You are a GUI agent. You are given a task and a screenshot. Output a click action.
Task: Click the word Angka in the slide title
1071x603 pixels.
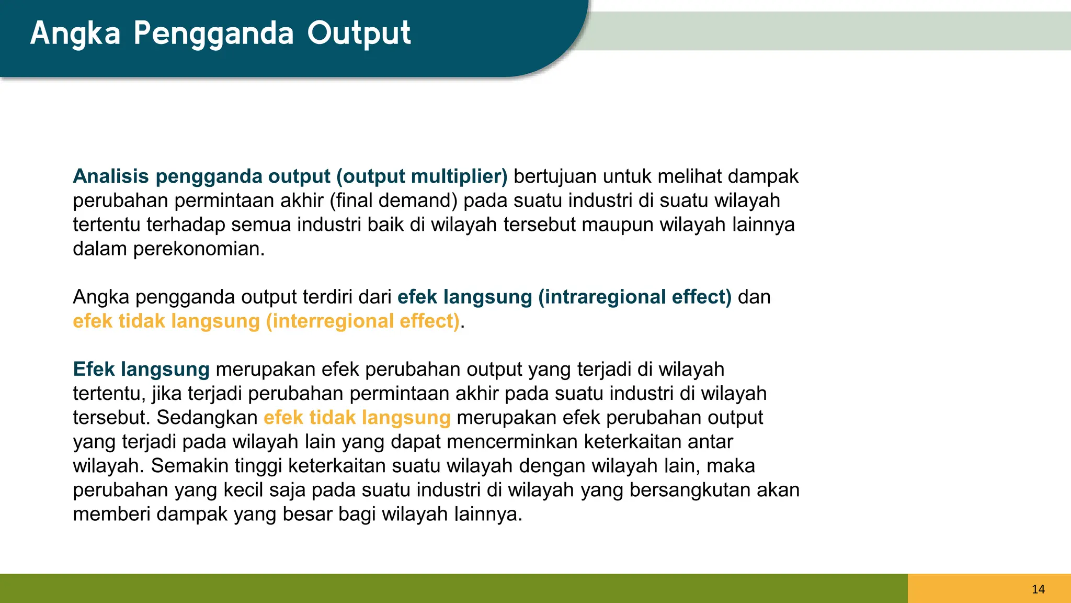(75, 33)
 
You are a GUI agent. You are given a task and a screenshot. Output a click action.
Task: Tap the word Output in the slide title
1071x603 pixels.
(359, 33)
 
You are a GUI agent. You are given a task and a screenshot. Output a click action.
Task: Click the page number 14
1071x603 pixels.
(1038, 589)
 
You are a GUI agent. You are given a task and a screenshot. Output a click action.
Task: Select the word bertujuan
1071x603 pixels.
(555, 176)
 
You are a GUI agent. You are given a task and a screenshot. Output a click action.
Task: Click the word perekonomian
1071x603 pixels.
(199, 249)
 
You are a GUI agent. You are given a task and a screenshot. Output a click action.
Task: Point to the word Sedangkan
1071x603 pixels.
(207, 418)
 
